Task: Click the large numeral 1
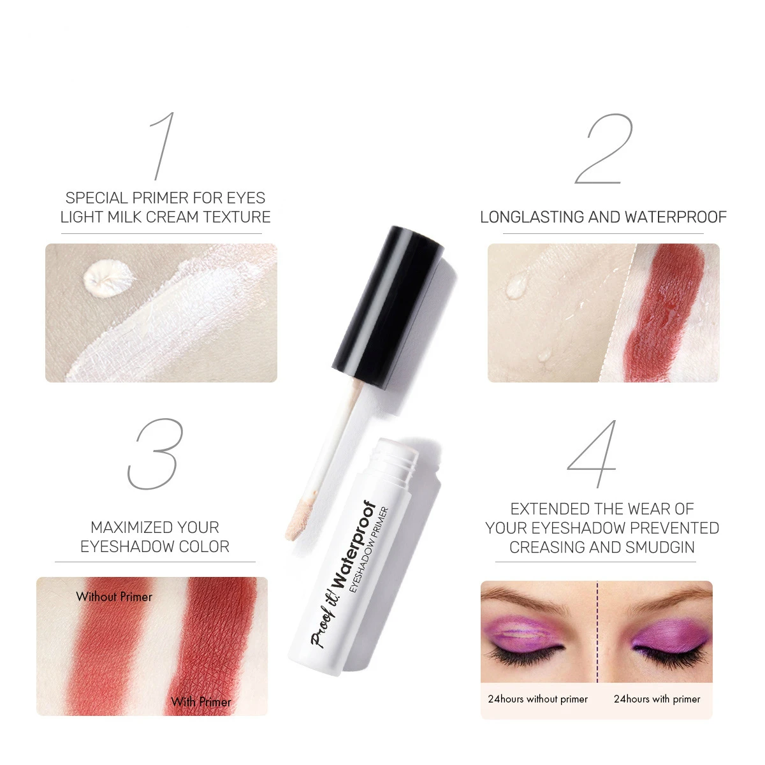tap(163, 147)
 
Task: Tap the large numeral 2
tap(603, 150)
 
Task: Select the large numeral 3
tap(156, 454)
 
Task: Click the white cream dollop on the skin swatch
tap(109, 278)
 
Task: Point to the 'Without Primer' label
tap(114, 597)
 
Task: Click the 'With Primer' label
tap(201, 702)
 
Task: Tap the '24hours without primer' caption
tap(537, 699)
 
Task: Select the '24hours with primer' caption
tap(657, 699)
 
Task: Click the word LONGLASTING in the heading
tap(532, 217)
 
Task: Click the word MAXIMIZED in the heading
tap(125, 528)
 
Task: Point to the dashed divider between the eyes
tap(597, 631)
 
